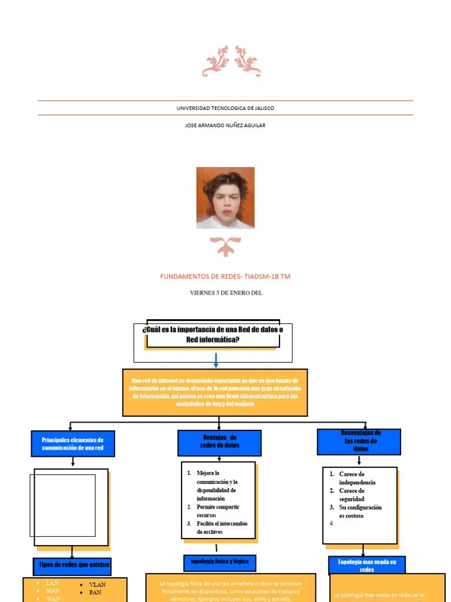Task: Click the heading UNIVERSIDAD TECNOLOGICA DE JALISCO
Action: (x=225, y=108)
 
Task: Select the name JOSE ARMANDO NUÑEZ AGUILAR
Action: (x=225, y=125)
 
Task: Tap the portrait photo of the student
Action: (x=225, y=198)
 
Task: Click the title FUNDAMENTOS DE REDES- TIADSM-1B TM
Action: (x=225, y=276)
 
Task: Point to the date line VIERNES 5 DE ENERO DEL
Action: (x=225, y=293)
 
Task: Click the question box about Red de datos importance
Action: (x=213, y=336)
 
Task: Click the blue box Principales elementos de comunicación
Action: (x=72, y=444)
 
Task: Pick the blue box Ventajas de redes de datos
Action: (x=220, y=442)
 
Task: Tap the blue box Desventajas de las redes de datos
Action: (x=359, y=441)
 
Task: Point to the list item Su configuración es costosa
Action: (x=360, y=511)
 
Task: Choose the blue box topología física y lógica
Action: (x=220, y=561)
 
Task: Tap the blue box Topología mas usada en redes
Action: (x=367, y=566)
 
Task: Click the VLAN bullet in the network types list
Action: (x=97, y=585)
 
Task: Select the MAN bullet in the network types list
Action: (x=53, y=590)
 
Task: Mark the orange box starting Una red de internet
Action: (x=215, y=392)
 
